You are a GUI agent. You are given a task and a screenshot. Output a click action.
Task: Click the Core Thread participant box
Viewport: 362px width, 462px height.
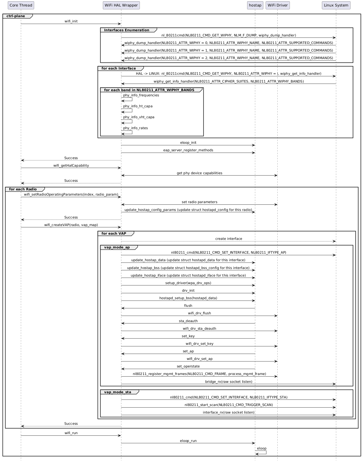tap(21, 5)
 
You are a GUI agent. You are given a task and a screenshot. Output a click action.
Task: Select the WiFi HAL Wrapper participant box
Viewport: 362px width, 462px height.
tap(121, 5)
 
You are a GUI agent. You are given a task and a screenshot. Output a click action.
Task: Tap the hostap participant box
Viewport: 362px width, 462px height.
tap(255, 5)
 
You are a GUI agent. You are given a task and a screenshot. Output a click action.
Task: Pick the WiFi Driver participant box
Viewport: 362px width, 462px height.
tap(278, 5)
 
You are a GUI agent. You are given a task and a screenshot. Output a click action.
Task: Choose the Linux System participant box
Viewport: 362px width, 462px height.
tap(336, 5)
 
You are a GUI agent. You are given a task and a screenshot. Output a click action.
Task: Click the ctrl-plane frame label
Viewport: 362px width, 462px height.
tap(16, 16)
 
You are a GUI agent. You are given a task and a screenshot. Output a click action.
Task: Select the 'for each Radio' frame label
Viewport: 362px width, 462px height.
tap(23, 189)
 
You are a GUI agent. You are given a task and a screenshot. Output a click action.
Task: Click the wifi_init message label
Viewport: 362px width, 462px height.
tap(71, 21)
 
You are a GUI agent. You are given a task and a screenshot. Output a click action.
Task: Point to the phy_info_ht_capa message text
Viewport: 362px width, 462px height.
tap(138, 106)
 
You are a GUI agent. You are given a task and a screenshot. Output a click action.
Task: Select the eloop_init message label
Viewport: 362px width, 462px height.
tap(188, 143)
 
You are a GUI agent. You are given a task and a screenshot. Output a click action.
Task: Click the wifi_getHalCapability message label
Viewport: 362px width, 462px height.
tap(71, 166)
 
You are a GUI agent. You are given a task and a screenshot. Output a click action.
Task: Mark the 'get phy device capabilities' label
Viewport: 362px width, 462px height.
tap(199, 173)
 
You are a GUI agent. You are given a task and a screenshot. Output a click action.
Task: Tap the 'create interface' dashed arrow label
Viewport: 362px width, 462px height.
tap(229, 239)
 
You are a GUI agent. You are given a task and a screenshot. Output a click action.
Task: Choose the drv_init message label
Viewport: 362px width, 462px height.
tap(188, 291)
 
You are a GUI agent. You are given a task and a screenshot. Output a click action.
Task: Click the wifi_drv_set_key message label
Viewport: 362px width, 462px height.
tap(199, 344)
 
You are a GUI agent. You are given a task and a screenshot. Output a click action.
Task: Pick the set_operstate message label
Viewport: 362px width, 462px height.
tap(188, 366)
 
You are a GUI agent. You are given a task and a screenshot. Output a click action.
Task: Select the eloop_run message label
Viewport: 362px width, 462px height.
tap(188, 441)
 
